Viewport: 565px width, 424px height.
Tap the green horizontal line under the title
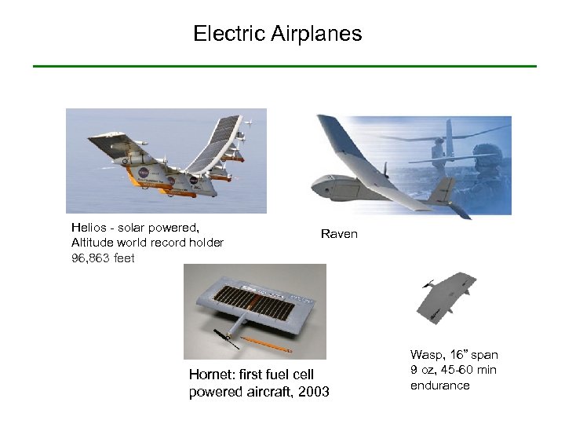click(x=284, y=66)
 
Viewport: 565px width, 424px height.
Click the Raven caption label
click(x=339, y=234)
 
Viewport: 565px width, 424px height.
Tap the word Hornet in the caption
click(x=210, y=375)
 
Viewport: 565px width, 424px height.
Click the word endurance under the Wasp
click(x=439, y=385)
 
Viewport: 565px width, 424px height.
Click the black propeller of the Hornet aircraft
click(x=224, y=342)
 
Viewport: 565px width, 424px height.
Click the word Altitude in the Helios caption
click(x=92, y=243)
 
